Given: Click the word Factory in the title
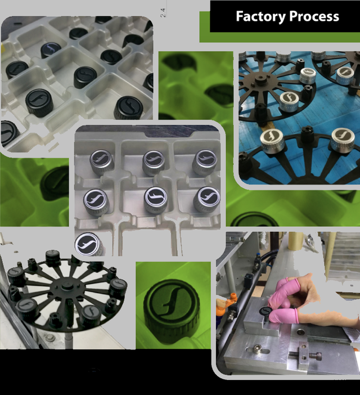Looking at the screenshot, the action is point(260,17).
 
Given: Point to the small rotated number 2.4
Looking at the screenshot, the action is point(163,12).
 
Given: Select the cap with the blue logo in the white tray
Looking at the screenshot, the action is point(51,50).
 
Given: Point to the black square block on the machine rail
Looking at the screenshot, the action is point(249,278).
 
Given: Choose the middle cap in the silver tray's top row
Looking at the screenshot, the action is point(154,162).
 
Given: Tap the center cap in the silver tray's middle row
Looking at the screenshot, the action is point(156,199).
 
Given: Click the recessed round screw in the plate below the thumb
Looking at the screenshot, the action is point(300,333).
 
